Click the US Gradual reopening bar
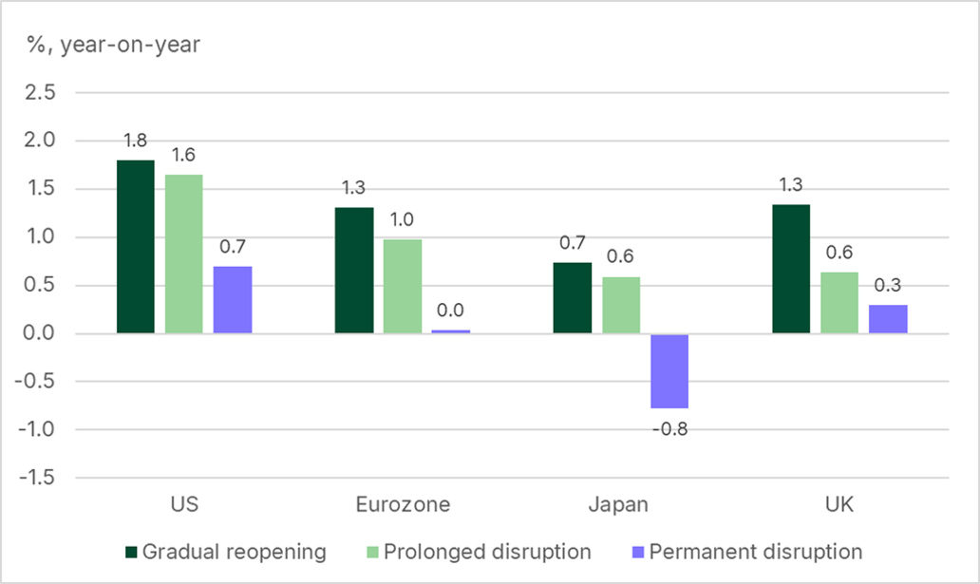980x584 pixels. [x=135, y=247]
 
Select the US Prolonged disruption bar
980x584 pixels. [x=183, y=254]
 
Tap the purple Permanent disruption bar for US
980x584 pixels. [x=233, y=300]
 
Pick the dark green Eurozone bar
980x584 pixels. [x=354, y=271]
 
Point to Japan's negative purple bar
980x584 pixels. [x=669, y=370]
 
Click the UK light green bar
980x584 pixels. [x=839, y=303]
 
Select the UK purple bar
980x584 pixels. [x=888, y=319]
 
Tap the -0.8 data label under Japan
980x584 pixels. [x=669, y=428]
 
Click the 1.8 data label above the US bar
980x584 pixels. [x=135, y=141]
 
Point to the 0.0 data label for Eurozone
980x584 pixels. [x=451, y=311]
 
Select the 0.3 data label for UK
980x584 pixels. [x=888, y=286]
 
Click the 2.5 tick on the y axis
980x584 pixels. [x=44, y=93]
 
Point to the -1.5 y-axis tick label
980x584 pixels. [x=40, y=478]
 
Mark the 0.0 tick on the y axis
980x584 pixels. [x=44, y=333]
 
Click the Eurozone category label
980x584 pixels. [x=403, y=504]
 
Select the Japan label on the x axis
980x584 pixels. [x=621, y=504]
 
